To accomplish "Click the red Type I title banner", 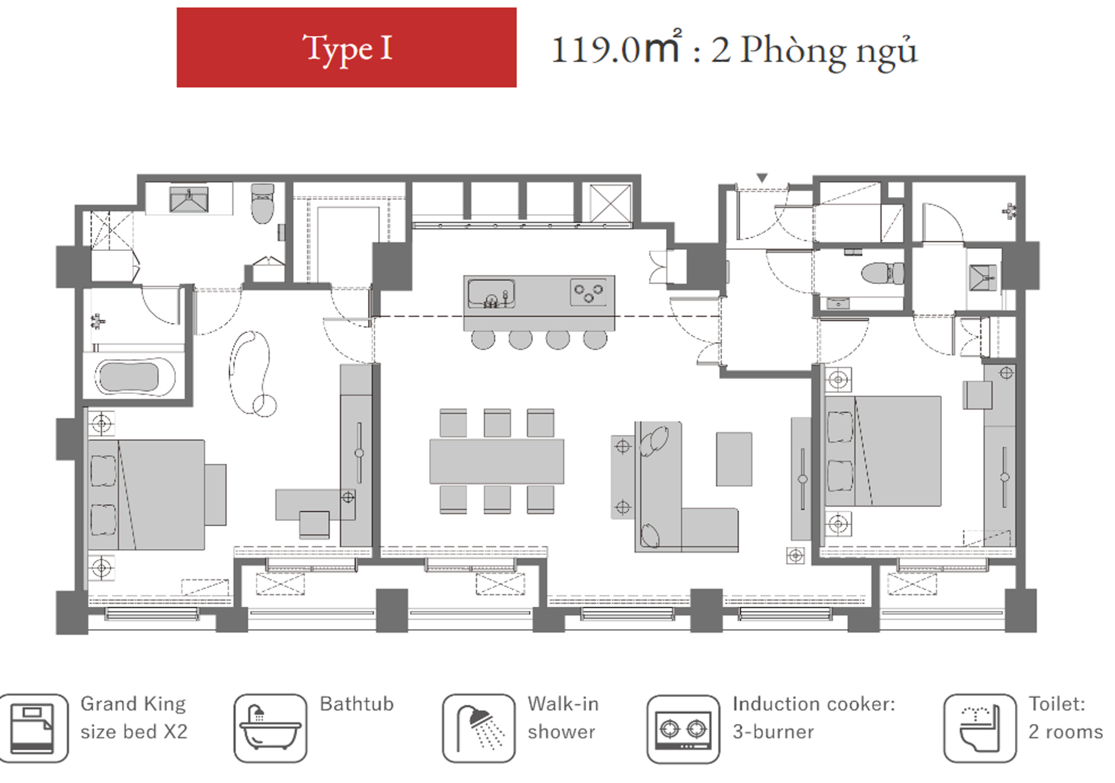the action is (x=346, y=48).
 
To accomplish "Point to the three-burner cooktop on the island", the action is (x=589, y=292).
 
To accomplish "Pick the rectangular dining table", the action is (x=496, y=461).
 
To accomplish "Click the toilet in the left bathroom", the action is (x=263, y=203).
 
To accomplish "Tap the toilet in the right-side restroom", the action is (x=882, y=273).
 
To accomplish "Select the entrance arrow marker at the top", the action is (x=762, y=178).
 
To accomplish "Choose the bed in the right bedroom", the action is (x=884, y=451).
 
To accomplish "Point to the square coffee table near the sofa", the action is (x=734, y=459).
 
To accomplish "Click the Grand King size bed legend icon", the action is (x=33, y=728).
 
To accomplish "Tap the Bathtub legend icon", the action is (x=270, y=728).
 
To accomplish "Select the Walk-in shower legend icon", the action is (x=479, y=728).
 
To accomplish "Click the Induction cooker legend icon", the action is (x=683, y=728).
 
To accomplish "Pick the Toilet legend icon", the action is (x=980, y=728).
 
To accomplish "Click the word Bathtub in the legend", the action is (x=357, y=704).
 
